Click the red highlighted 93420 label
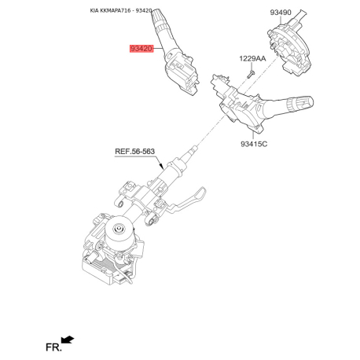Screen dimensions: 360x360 (141, 49)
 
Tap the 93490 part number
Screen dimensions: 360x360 (281, 13)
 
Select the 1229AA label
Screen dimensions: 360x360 (252, 58)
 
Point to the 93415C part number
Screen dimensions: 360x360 (254, 144)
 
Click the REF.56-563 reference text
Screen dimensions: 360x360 (134, 152)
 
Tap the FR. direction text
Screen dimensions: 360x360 (53, 347)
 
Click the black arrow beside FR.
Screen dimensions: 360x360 (68, 340)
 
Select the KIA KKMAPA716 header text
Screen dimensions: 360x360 (110, 11)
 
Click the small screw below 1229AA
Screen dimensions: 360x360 (251, 74)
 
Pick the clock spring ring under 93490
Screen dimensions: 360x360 (289, 47)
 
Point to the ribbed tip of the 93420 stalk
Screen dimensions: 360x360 (158, 17)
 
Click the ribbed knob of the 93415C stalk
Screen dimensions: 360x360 (300, 105)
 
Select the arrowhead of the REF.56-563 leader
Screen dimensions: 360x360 (162, 166)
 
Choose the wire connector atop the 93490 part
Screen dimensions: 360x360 (298, 18)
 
